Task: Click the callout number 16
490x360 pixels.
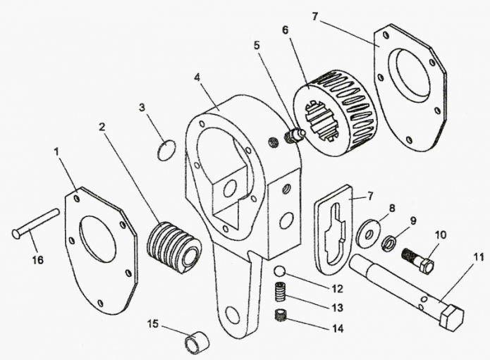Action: [x=37, y=260]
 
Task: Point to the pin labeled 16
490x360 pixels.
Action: [x=34, y=223]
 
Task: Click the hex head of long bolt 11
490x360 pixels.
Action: [x=451, y=318]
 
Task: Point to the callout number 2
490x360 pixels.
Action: [x=102, y=127]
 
